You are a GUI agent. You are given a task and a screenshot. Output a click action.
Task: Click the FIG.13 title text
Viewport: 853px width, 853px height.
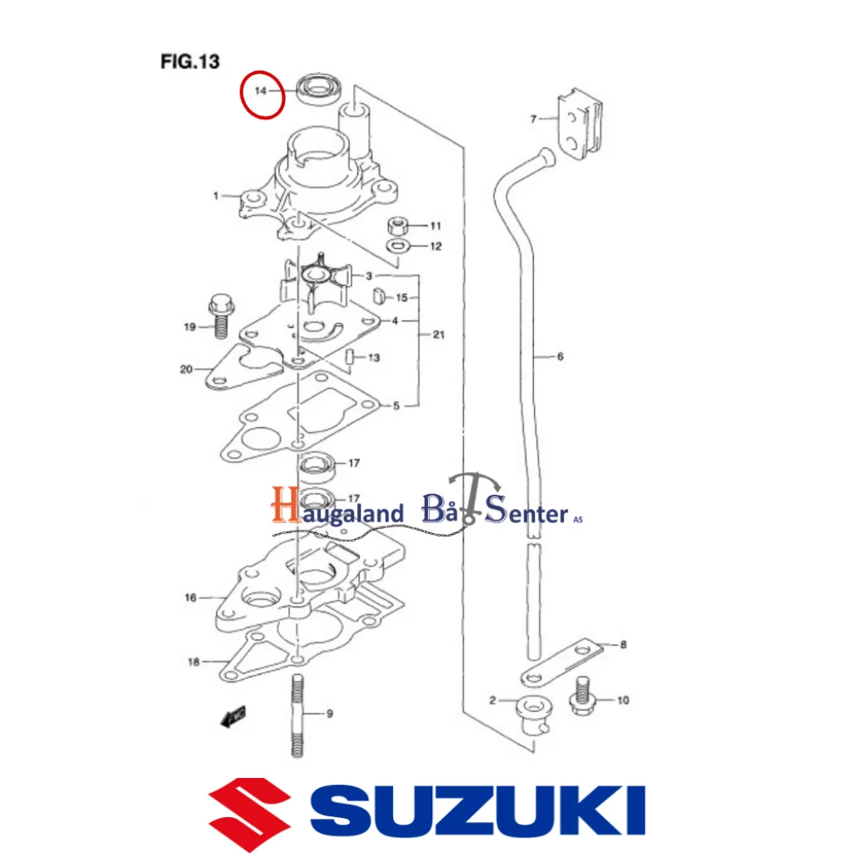pos(189,61)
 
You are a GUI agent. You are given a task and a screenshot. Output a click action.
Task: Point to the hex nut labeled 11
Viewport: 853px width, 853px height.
pos(399,226)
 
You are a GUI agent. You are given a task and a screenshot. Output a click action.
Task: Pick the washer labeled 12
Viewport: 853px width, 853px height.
pos(398,246)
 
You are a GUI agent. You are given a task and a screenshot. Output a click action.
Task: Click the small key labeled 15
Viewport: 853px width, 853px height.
pos(376,295)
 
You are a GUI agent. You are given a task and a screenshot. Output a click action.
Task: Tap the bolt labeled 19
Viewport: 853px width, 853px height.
pos(221,317)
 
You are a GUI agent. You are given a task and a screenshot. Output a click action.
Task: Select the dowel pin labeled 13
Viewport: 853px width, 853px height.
pos(349,358)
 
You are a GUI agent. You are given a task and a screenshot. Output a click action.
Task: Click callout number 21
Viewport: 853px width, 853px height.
pos(438,335)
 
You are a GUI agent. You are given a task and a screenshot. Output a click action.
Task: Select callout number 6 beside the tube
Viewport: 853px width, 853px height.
pos(560,357)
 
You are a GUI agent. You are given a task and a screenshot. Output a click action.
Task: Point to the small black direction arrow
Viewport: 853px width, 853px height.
pos(234,716)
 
